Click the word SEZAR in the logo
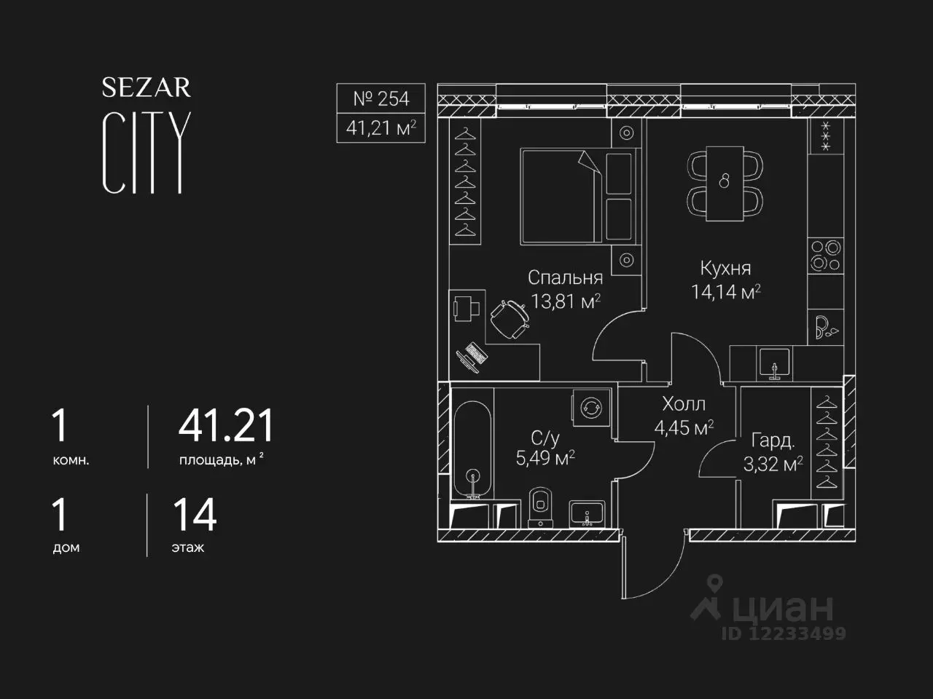[147, 87]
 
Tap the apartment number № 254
[380, 99]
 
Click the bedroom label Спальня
[566, 277]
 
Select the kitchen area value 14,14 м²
[725, 292]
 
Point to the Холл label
[684, 404]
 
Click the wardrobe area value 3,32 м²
[773, 464]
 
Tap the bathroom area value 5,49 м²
[545, 458]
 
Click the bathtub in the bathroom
[472, 450]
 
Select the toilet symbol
[540, 508]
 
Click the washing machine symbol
[591, 408]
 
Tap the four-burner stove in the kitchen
[825, 256]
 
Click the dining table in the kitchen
[725, 183]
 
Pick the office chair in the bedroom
[510, 319]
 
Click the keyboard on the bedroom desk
[476, 354]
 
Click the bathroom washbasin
[587, 514]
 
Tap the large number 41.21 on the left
[226, 426]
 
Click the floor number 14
[195, 516]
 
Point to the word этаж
[188, 548]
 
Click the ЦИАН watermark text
[783, 608]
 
